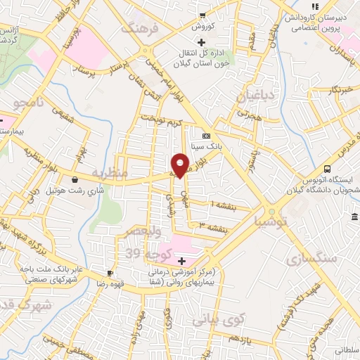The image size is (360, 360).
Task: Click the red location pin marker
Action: [181, 165]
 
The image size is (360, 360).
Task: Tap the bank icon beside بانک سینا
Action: [206, 136]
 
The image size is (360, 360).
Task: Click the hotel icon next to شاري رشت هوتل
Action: [75, 179]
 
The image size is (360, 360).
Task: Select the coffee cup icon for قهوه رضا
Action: [110, 272]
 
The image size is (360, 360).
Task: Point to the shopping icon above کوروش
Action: [202, 15]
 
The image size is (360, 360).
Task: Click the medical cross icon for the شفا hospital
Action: [181, 260]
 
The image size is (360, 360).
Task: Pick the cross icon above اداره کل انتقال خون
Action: [202, 42]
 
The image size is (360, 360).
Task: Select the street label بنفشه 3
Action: [211, 227]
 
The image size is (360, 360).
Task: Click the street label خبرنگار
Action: [341, 90]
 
